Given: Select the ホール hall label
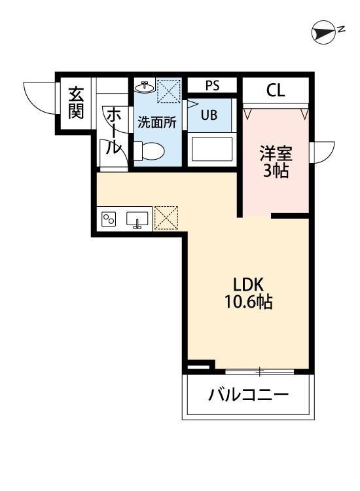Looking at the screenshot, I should point(113,131).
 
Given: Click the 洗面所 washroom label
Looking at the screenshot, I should point(156,121).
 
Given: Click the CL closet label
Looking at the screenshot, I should point(276,90).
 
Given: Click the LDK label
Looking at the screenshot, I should point(248,285).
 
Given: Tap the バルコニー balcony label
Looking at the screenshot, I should point(249,395).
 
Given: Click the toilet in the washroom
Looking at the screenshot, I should point(147,151).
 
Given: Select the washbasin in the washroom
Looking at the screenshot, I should point(145,86).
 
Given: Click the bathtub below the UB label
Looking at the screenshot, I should point(211,151).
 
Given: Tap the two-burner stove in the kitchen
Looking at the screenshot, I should point(108,219).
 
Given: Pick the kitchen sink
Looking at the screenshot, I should point(137,219).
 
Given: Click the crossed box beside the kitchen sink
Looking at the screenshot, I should point(166,217).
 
